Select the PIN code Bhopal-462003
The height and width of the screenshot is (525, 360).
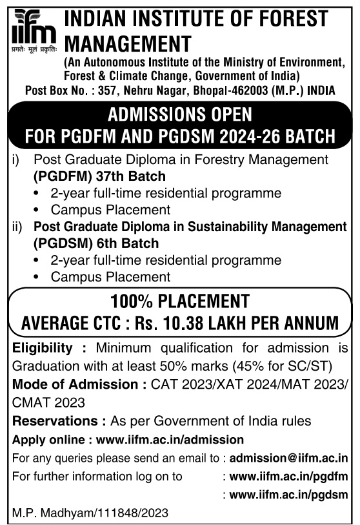coord(223,90)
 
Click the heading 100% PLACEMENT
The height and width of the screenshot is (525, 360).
coord(179,301)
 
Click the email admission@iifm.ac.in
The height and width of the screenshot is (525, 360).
coord(288,458)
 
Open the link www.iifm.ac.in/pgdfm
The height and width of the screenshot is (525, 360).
coord(288,477)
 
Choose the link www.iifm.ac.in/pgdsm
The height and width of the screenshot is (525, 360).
coord(288,495)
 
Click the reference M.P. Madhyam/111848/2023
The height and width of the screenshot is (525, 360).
coord(90,513)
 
